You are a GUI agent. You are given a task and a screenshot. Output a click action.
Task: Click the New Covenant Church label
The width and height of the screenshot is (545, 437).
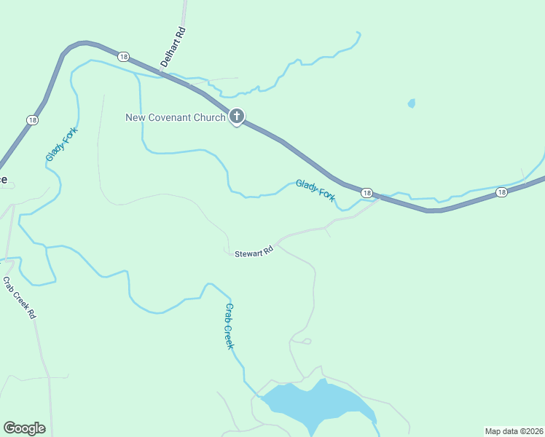[x=175, y=117]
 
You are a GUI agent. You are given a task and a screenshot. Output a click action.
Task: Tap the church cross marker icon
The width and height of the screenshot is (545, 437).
[x=236, y=116]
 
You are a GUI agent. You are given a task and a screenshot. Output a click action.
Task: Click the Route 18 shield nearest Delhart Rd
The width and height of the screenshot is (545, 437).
[x=123, y=57]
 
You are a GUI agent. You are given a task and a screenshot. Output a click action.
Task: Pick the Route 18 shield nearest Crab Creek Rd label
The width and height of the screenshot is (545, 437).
[x=32, y=120]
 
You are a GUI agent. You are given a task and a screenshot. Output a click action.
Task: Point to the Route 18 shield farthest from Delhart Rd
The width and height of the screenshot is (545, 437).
[x=501, y=192]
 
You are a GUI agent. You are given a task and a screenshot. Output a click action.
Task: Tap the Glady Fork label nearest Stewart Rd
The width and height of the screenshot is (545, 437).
[x=315, y=191]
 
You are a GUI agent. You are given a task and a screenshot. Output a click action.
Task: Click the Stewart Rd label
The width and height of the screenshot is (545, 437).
[x=254, y=252]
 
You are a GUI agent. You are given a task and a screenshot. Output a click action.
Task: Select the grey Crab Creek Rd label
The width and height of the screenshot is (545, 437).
[x=20, y=298]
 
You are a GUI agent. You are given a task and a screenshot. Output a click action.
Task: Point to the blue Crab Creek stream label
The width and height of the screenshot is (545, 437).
[x=229, y=326]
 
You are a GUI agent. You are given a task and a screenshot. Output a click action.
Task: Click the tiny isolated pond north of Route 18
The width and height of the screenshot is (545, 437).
[x=412, y=103]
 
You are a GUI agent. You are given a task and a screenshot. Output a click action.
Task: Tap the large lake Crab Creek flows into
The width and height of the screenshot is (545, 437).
[x=317, y=404]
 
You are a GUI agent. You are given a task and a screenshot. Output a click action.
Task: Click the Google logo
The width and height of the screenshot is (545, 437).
[x=24, y=428]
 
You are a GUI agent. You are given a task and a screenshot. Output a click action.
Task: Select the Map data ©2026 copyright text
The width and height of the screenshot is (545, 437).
[x=514, y=431]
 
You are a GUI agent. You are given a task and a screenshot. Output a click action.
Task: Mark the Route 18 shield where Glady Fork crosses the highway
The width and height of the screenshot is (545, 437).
[x=366, y=193]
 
